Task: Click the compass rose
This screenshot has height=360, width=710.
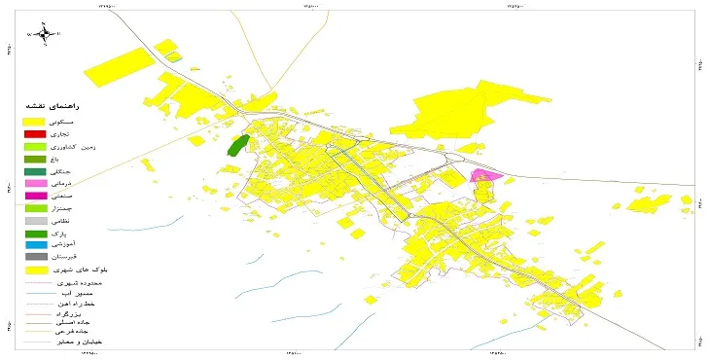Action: click(x=44, y=34)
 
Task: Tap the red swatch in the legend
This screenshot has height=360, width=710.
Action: click(x=35, y=132)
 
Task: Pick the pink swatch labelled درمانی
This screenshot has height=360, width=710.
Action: click(x=35, y=183)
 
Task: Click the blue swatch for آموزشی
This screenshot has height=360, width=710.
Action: click(x=35, y=245)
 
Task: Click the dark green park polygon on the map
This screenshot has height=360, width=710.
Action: click(x=235, y=146)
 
